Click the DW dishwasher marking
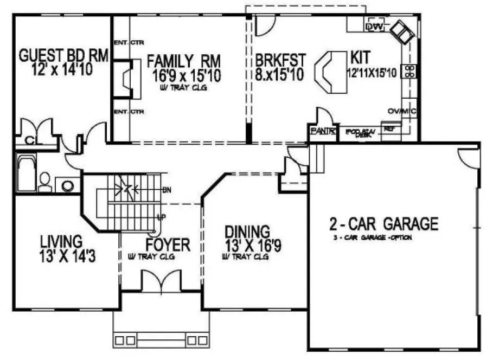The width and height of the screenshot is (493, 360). click(374, 27)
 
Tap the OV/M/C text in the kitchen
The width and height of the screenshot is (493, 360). click(402, 111)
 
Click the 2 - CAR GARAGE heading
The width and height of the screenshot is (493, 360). click(383, 223)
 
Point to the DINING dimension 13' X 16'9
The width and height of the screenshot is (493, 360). click(253, 246)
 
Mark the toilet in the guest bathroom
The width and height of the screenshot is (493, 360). click(46, 181)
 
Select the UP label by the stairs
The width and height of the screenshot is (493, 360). click(161, 217)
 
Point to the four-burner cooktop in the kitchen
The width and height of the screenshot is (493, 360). click(409, 72)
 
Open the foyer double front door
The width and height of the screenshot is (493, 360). click(161, 281)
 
